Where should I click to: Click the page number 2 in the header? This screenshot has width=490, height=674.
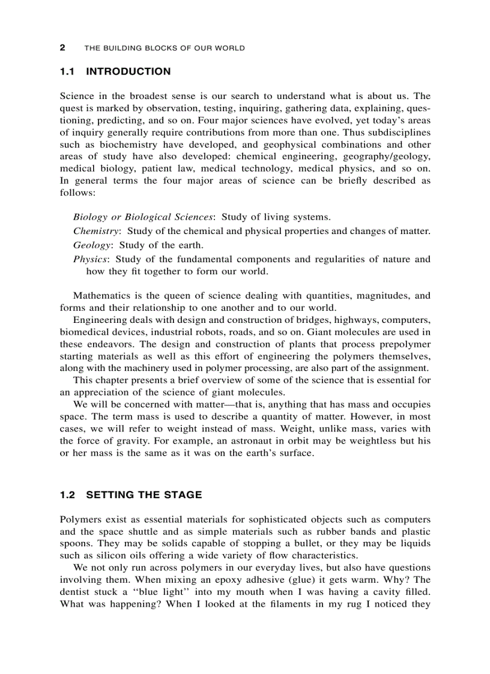click(62, 48)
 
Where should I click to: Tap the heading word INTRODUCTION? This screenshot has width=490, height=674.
click(129, 72)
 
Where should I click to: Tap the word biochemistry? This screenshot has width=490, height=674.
click(126, 145)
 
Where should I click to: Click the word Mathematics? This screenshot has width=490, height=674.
click(104, 295)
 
